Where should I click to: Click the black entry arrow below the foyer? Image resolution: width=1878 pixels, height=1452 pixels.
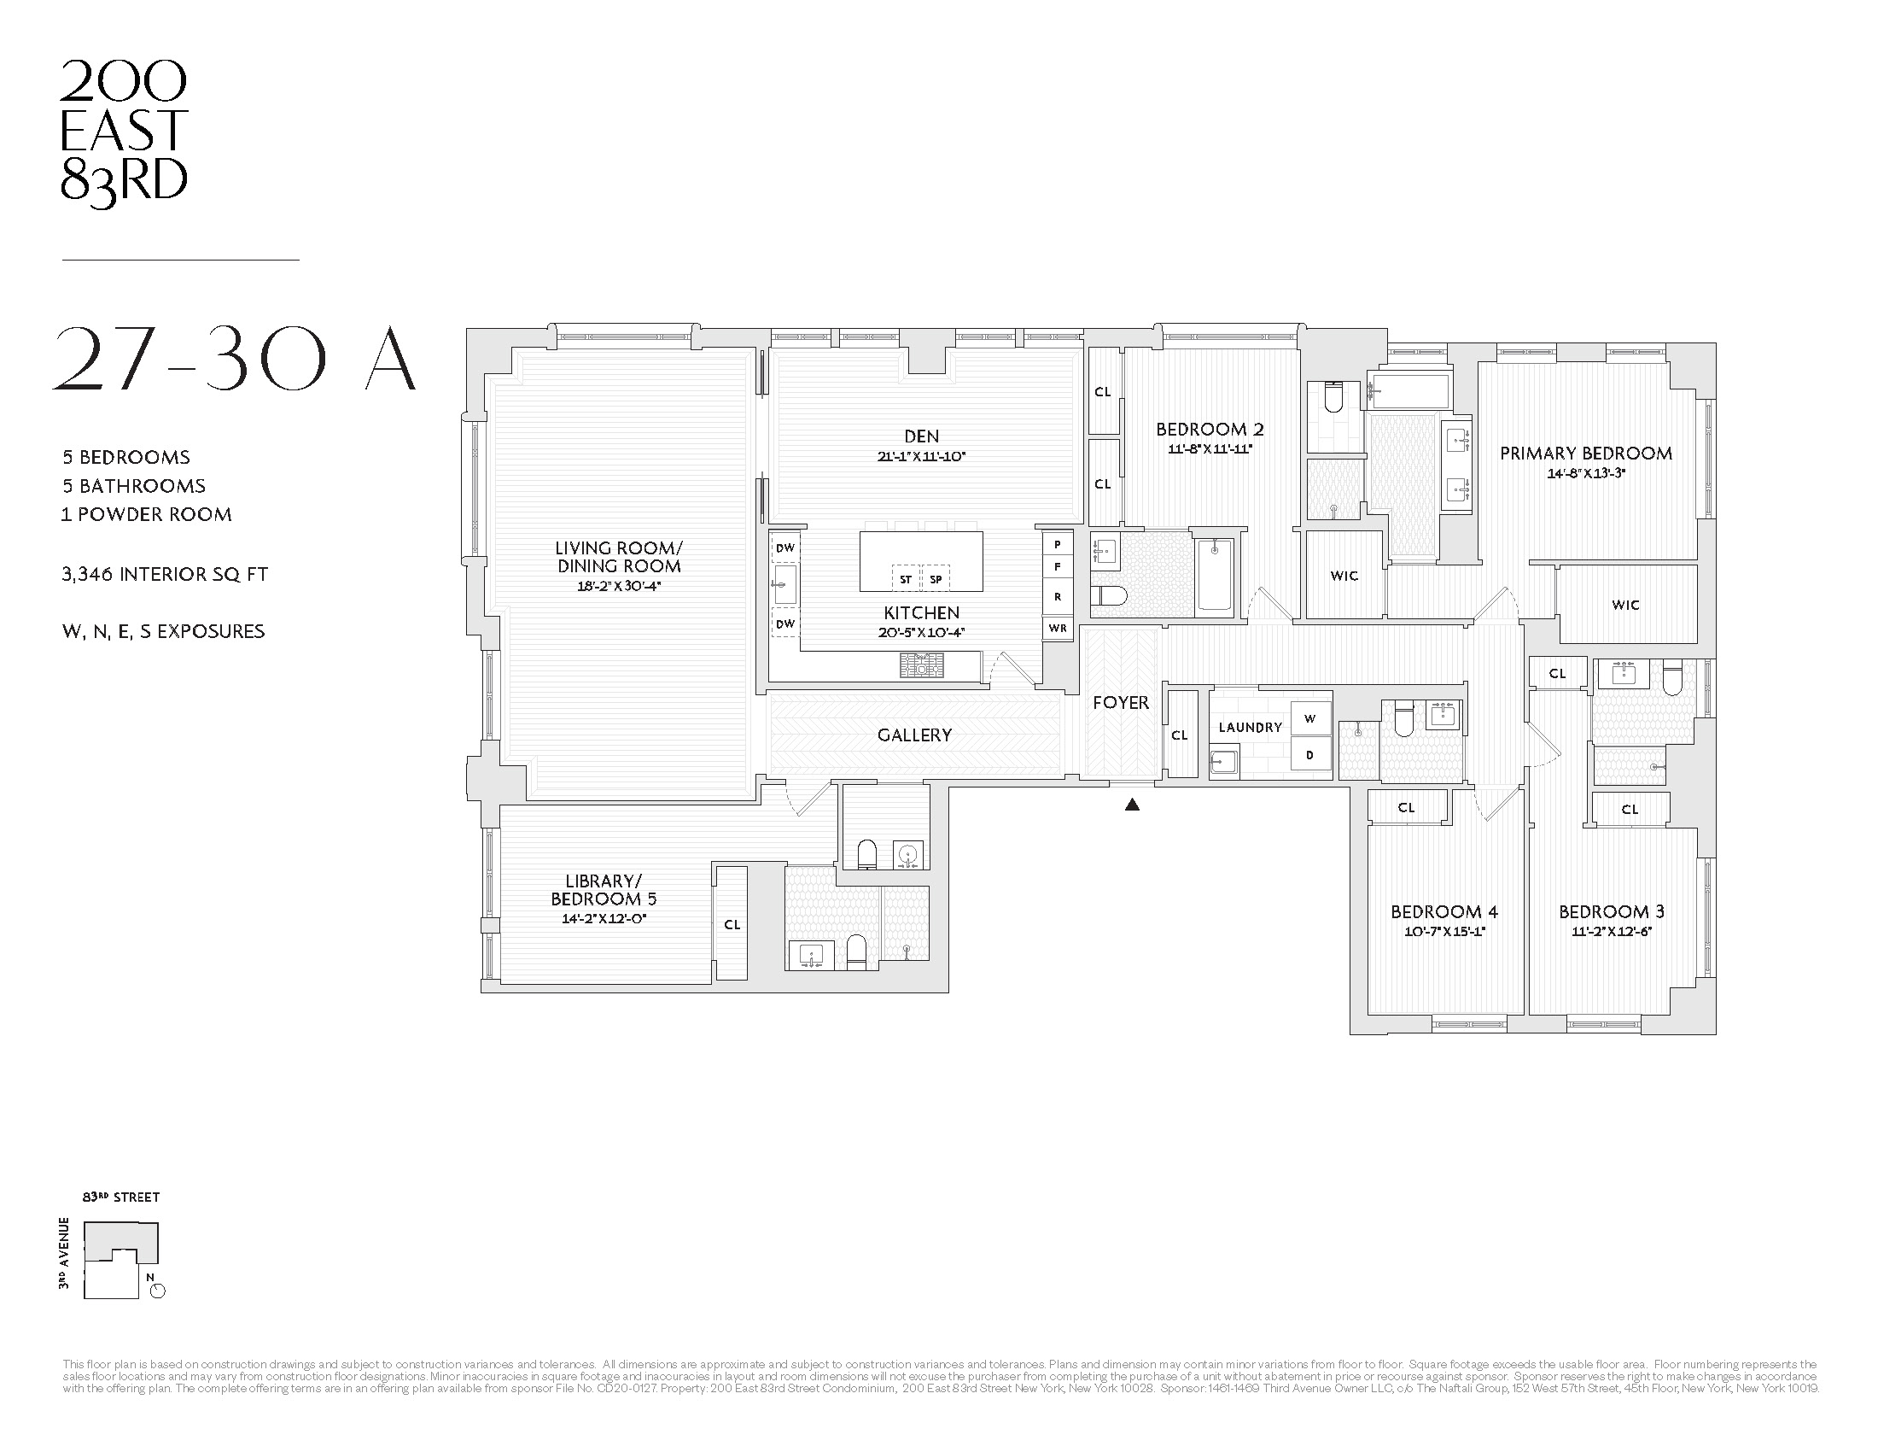pyautogui.click(x=1133, y=805)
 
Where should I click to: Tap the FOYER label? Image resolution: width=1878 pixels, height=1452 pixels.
pyautogui.click(x=1121, y=703)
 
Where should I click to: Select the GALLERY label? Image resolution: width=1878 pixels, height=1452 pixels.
pyautogui.click(x=914, y=735)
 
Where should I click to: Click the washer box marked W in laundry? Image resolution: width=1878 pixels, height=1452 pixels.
pyautogui.click(x=1310, y=719)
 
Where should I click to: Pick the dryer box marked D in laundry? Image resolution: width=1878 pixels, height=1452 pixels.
pyautogui.click(x=1310, y=755)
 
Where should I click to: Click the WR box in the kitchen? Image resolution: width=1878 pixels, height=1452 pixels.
pyautogui.click(x=1058, y=628)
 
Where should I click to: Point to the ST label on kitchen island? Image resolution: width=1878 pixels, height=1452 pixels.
pyautogui.click(x=906, y=580)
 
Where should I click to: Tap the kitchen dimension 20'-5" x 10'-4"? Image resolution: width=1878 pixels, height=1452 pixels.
pyautogui.click(x=921, y=632)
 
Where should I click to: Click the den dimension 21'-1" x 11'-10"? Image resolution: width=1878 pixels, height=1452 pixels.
pyautogui.click(x=921, y=457)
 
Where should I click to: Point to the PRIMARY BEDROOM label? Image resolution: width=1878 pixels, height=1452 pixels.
pyautogui.click(x=1586, y=454)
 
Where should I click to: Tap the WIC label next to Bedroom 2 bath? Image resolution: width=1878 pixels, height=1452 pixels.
pyautogui.click(x=1344, y=576)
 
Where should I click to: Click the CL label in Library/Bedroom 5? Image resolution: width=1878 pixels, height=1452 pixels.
pyautogui.click(x=732, y=925)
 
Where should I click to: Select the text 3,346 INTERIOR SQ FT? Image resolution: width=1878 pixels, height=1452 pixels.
pyautogui.click(x=165, y=574)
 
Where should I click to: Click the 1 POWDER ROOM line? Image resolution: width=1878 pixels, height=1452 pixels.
pyautogui.click(x=146, y=514)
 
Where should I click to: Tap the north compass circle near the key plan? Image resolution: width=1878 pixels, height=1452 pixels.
pyautogui.click(x=157, y=1291)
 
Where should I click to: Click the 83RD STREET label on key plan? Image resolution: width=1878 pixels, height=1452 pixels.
pyautogui.click(x=121, y=1197)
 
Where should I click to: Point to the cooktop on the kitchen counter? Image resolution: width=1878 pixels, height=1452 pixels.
pyautogui.click(x=921, y=665)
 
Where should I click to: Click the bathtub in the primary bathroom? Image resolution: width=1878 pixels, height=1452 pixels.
pyautogui.click(x=1410, y=391)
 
